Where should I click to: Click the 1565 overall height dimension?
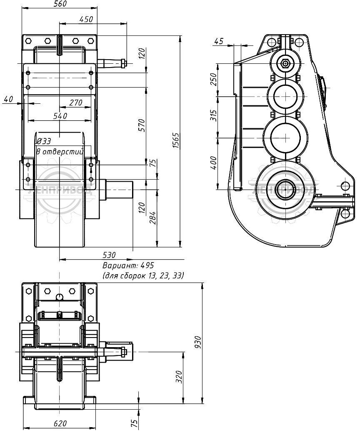(x=176, y=140)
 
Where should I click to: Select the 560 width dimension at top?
(x=60, y=4)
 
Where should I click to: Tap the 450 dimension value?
(x=86, y=19)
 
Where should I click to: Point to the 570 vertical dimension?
(x=141, y=125)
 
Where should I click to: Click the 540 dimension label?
(x=60, y=116)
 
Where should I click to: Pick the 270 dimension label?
(x=75, y=103)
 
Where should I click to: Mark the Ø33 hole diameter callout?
(x=44, y=141)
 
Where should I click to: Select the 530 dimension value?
(x=109, y=255)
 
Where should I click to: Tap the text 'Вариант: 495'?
(x=128, y=265)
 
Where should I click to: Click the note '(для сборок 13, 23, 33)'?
(x=143, y=275)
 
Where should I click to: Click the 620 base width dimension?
(x=60, y=423)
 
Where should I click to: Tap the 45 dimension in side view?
(x=218, y=41)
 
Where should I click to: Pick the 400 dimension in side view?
(x=213, y=163)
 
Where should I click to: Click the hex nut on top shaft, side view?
(x=285, y=63)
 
